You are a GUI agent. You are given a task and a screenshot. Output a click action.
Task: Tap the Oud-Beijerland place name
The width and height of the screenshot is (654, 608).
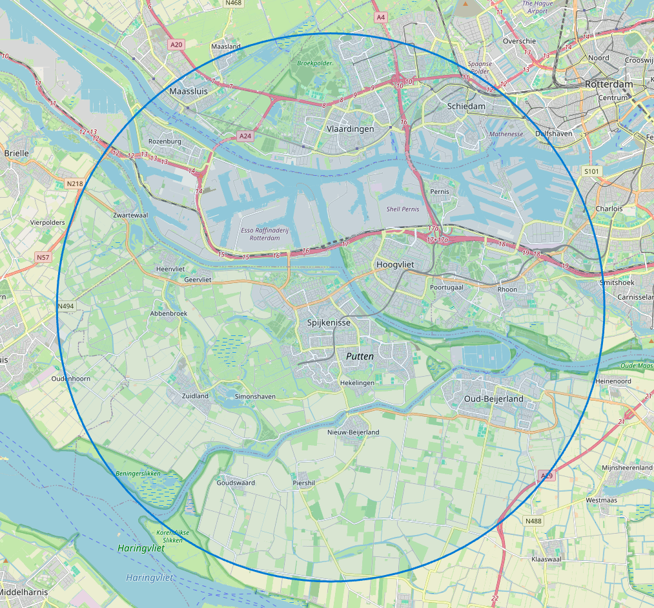coord(494,399)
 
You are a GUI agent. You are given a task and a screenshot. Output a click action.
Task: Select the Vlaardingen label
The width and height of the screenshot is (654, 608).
coord(350,129)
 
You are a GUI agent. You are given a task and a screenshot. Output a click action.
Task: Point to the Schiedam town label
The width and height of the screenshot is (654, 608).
coord(466,106)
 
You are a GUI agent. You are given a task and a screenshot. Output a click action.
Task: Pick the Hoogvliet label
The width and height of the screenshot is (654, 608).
coord(394,265)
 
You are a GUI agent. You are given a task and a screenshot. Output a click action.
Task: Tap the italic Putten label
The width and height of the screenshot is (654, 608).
coord(360,356)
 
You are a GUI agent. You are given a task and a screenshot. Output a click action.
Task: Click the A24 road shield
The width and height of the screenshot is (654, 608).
coord(245,136)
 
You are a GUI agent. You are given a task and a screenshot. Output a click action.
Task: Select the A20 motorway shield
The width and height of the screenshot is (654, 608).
coord(176,45)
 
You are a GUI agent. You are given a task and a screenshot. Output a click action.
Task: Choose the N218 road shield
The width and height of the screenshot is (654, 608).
coord(75,184)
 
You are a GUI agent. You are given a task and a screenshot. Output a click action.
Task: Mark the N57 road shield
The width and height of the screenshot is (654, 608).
coord(43,257)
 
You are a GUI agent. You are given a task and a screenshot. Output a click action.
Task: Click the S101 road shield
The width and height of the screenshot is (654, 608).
coord(591,171)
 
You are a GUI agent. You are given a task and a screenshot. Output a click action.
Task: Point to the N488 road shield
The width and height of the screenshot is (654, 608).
coord(533,521)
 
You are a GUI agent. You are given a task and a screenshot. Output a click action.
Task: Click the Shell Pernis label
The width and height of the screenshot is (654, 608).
coord(402,209)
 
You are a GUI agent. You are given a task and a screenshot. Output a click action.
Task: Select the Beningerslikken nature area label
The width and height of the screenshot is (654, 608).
coord(138,474)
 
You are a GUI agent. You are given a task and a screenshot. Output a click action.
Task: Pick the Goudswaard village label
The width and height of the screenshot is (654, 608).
coord(236,483)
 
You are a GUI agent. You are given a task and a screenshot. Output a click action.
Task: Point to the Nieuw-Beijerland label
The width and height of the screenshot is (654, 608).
coord(353,432)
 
